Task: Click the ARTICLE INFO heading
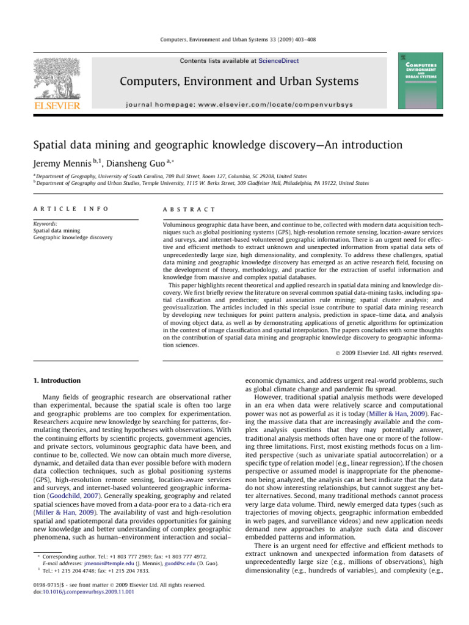coord(71,209)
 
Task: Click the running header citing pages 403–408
coord(234,43)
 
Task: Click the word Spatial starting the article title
coord(51,145)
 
